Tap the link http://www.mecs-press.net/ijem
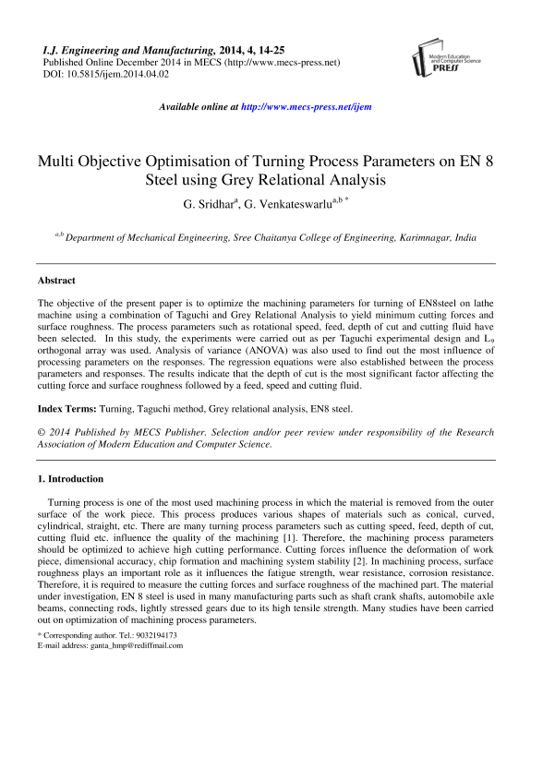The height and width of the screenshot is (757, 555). tap(306, 107)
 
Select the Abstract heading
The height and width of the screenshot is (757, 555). tap(56, 280)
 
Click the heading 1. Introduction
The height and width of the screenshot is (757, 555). tap(70, 479)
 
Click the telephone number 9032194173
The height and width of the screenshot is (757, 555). tap(150, 635)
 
